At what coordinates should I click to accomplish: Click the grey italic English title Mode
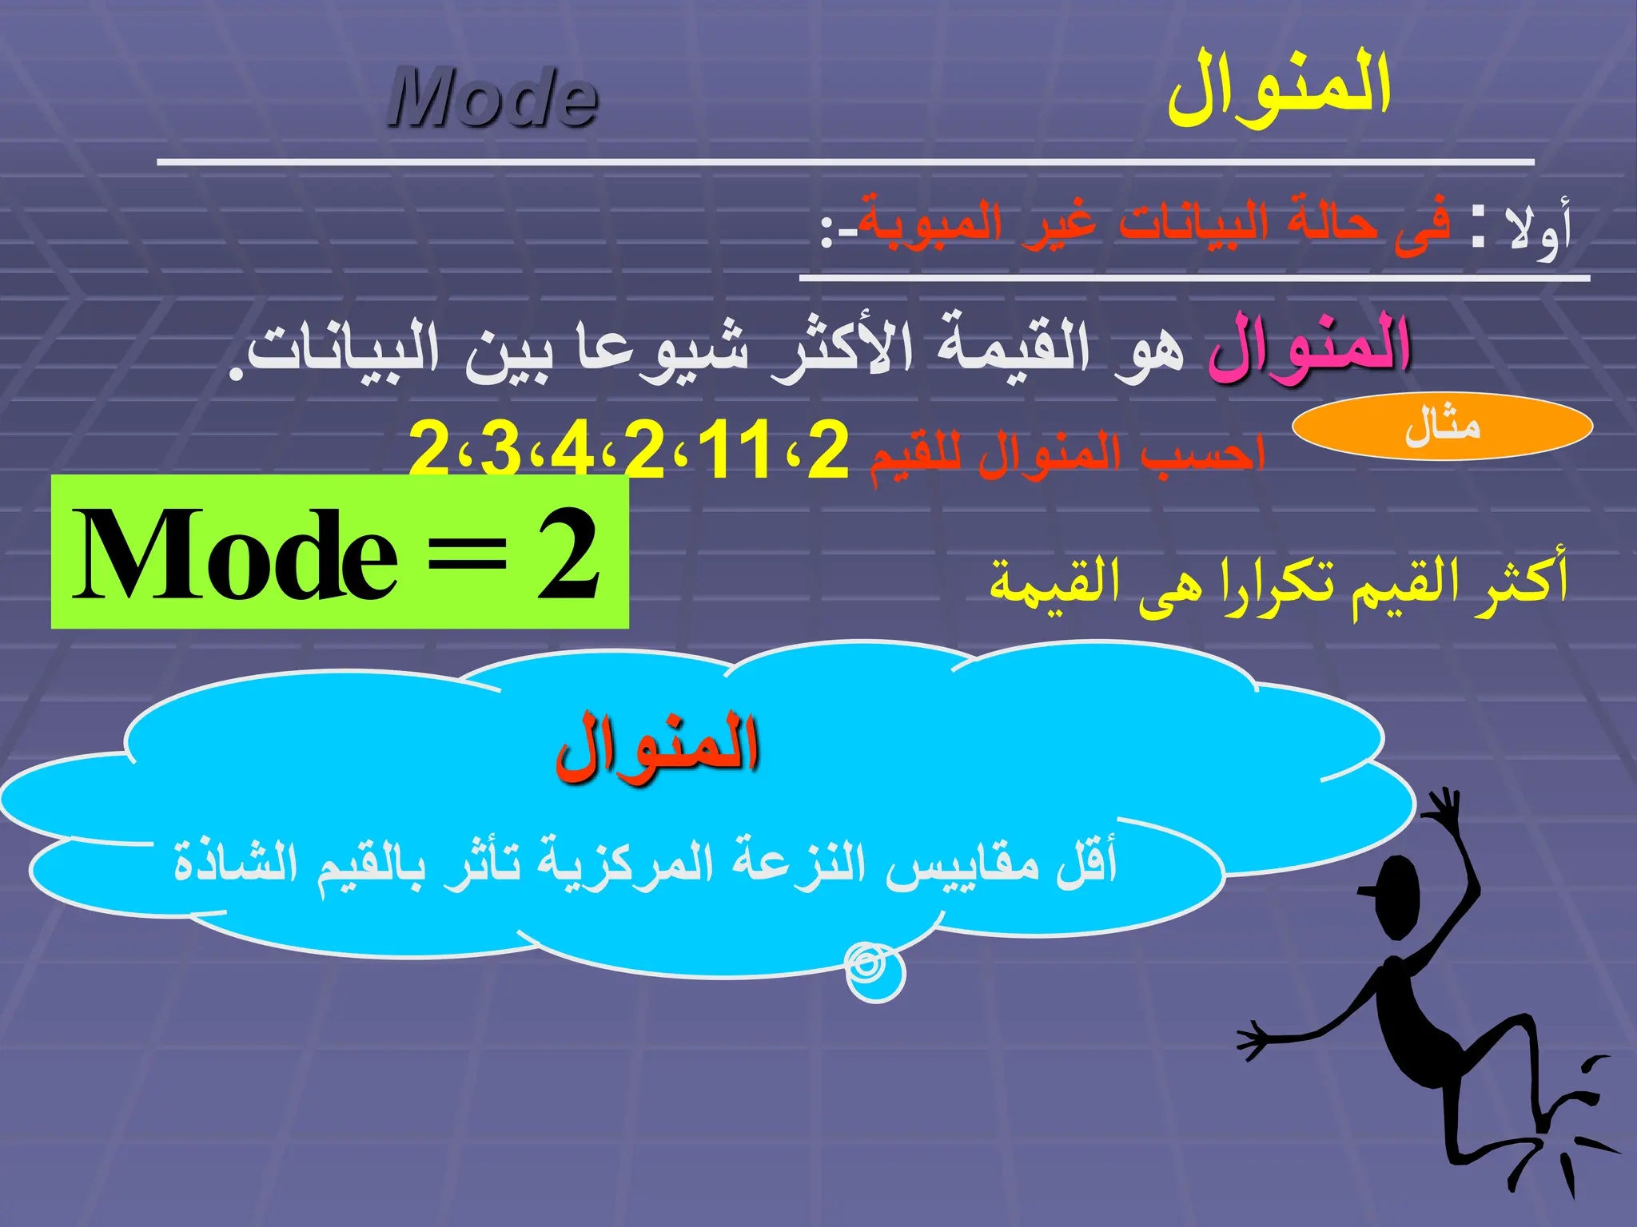(x=493, y=98)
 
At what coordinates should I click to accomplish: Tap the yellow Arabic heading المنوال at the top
(x=1279, y=89)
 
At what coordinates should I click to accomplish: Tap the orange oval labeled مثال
(x=1442, y=426)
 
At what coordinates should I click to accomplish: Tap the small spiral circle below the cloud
(x=874, y=971)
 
